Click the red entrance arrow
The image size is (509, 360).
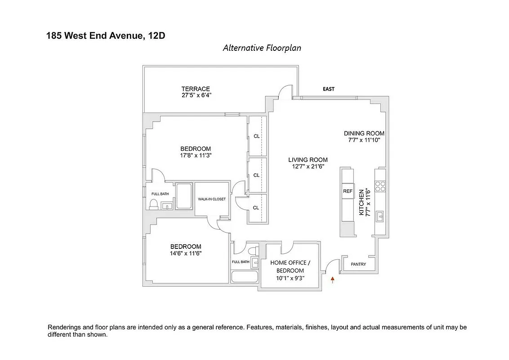coord(333,280)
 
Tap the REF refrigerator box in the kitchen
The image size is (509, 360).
coord(348,191)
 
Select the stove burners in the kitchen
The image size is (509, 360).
coord(380,186)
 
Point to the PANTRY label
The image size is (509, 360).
coord(358,264)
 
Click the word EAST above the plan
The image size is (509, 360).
coord(329,89)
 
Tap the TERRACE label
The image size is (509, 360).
coord(196,89)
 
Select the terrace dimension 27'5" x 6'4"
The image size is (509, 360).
coord(196,95)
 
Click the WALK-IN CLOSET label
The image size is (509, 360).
coord(212,199)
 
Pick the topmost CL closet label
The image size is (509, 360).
coord(256,136)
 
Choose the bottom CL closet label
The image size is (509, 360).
coord(256,207)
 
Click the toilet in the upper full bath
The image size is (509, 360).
coord(153,205)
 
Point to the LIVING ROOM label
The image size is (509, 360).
coord(308,160)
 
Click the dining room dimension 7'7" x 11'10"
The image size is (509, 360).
coord(364,140)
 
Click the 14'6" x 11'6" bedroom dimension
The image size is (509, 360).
coord(185,253)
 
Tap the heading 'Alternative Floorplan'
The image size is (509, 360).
coord(262,48)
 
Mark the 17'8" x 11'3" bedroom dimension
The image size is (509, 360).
coord(196,155)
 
